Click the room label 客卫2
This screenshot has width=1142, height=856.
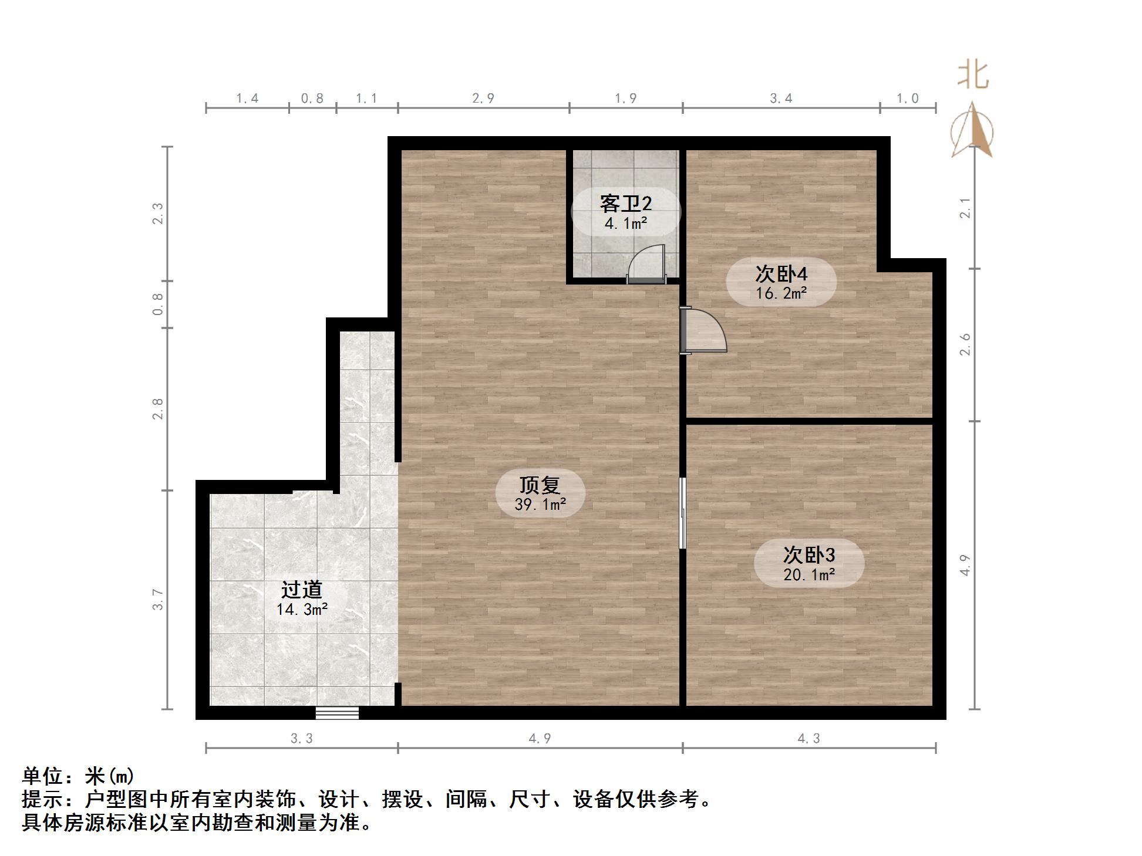pyautogui.click(x=625, y=204)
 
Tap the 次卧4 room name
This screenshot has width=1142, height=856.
pyautogui.click(x=781, y=274)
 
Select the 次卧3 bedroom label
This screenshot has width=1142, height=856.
pyautogui.click(x=809, y=554)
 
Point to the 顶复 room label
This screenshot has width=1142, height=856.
pyautogui.click(x=540, y=485)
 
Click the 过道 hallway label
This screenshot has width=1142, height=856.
pyautogui.click(x=302, y=590)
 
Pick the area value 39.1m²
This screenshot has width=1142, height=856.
pyautogui.click(x=540, y=505)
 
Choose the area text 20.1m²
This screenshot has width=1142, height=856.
pyautogui.click(x=809, y=575)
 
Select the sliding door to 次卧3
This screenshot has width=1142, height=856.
pyautogui.click(x=682, y=513)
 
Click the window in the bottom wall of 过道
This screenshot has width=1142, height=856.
pyautogui.click(x=337, y=713)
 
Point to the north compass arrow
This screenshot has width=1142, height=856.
pyautogui.click(x=972, y=131)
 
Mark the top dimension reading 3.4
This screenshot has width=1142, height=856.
pyautogui.click(x=781, y=99)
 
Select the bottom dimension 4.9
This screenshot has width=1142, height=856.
pyautogui.click(x=540, y=739)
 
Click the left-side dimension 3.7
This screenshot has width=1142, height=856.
pyautogui.click(x=158, y=600)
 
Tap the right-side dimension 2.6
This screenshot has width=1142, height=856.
pyautogui.click(x=965, y=344)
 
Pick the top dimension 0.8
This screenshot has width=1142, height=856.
pyautogui.click(x=312, y=99)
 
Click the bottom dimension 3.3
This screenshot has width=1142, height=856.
pyautogui.click(x=302, y=739)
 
